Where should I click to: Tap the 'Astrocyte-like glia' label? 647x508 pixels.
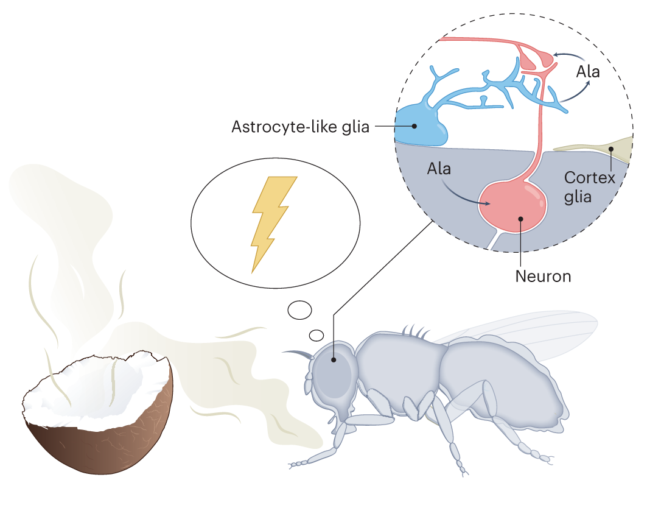(x=301, y=127)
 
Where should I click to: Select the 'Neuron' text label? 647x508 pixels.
(x=543, y=276)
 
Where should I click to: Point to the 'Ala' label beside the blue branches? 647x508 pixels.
(x=588, y=72)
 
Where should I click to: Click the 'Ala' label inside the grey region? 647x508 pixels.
(x=438, y=168)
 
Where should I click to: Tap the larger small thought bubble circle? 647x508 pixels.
(x=299, y=310)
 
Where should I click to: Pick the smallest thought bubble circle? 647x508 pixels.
(x=316, y=334)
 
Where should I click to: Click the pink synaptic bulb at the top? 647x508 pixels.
(x=535, y=58)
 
